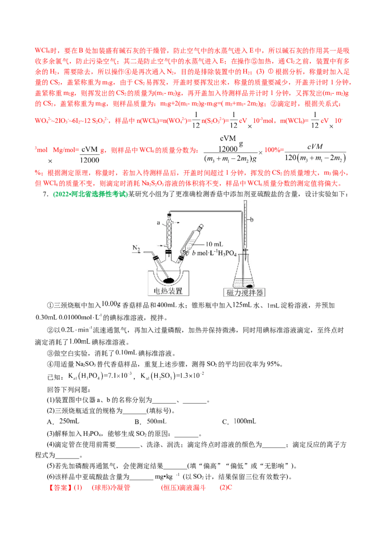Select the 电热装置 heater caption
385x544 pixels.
[168, 291]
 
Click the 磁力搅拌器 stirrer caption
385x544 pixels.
[245, 292]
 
